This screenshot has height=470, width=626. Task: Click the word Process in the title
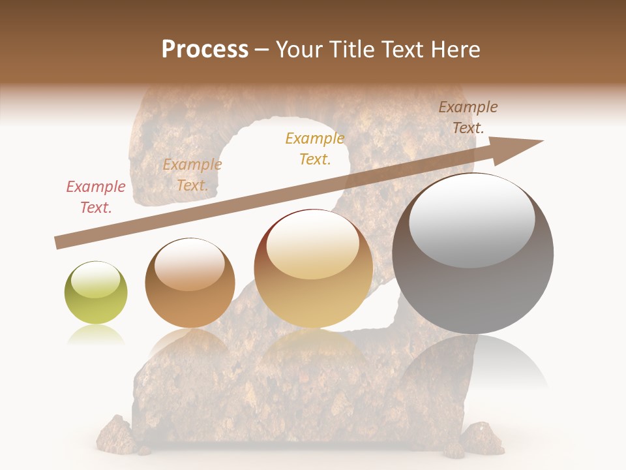205,50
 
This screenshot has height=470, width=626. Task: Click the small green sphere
96,293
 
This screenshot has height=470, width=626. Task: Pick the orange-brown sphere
190,283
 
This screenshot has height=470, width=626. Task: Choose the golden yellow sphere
313,269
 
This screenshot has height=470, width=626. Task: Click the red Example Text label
96,197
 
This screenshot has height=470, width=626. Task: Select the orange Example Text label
192,175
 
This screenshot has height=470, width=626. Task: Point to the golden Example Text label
315,148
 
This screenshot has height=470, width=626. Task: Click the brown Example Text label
468,117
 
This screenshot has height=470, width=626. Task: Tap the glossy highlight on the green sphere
96,279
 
